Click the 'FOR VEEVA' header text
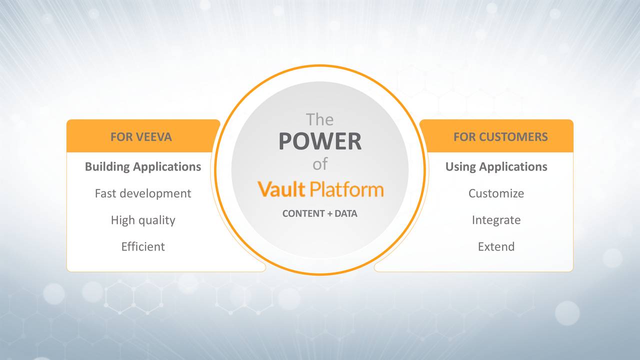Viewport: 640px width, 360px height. point(141,137)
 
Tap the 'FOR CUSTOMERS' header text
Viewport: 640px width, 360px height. point(500,137)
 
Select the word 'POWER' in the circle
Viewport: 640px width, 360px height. point(320,141)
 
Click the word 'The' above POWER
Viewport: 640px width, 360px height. point(319,119)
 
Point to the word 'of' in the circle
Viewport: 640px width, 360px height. point(320,164)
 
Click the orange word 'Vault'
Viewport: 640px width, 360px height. point(281,189)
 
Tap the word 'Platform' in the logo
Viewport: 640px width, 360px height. point(346,189)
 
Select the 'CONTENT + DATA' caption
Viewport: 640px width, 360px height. point(320,213)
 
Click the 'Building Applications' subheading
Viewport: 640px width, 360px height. point(143,166)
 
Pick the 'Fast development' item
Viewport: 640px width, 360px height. point(143,193)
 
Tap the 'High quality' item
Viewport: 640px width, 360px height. point(143,220)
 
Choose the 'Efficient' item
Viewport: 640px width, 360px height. point(143,246)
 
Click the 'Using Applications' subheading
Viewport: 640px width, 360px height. point(496,166)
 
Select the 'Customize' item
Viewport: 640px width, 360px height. point(496,193)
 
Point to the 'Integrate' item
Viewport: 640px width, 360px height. point(496,220)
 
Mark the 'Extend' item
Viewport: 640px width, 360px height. point(496,246)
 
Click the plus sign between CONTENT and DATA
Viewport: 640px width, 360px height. point(330,214)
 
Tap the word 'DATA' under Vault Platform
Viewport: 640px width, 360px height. point(346,213)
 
